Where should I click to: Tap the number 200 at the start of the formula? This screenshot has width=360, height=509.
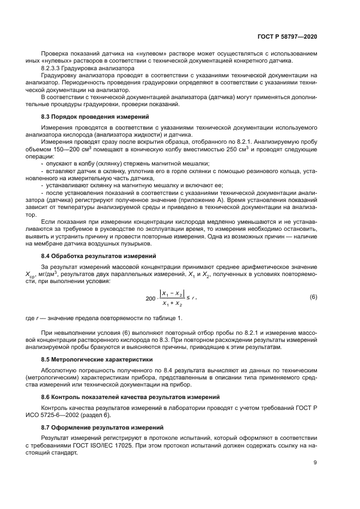coord(151,298)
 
